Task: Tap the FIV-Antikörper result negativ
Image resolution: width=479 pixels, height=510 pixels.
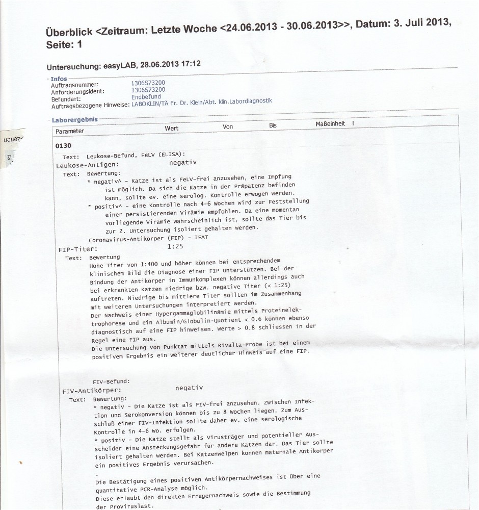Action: (189, 388)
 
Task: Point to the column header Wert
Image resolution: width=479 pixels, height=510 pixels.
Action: (172, 128)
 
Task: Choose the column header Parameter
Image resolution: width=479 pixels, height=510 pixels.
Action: (70, 131)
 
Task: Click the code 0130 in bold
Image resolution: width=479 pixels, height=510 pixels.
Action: (64, 146)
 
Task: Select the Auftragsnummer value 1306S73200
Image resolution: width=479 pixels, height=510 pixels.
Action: (148, 83)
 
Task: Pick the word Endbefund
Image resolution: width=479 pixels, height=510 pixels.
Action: (146, 96)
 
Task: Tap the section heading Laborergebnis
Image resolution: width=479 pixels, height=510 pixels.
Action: (75, 119)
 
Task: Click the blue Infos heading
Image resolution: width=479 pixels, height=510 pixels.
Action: (59, 79)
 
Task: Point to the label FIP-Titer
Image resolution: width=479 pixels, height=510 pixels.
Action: (78, 249)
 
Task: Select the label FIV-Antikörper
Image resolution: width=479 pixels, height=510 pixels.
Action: (91, 391)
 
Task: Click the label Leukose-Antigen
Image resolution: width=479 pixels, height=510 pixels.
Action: (88, 165)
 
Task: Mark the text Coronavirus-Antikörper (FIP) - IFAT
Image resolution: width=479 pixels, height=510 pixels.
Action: (148, 238)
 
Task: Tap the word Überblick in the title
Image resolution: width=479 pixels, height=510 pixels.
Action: (69, 31)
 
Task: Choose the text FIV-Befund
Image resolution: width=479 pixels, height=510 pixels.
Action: (111, 381)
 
